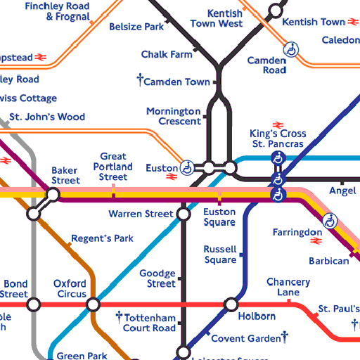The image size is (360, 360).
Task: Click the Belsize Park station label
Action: click(x=136, y=27)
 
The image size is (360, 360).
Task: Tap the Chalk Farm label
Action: click(x=166, y=54)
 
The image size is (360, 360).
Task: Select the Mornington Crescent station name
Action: click(x=174, y=116)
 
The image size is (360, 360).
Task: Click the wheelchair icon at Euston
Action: click(x=187, y=167)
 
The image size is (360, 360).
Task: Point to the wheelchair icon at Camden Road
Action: click(x=290, y=49)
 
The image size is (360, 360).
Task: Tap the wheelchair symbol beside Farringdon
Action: click(x=329, y=221)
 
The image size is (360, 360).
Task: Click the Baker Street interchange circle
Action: click(x=53, y=194)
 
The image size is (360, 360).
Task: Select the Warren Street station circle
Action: click(x=184, y=213)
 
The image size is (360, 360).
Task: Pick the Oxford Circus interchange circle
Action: click(x=93, y=304)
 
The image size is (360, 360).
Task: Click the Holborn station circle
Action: click(x=231, y=304)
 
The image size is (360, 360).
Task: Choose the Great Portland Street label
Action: click(x=113, y=167)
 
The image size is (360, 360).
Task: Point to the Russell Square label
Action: click(x=219, y=255)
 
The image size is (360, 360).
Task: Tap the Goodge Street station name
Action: click(x=157, y=278)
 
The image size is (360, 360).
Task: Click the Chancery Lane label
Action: click(x=288, y=287)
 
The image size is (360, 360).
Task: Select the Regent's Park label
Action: click(x=102, y=238)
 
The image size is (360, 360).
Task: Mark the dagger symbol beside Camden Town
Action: click(x=140, y=81)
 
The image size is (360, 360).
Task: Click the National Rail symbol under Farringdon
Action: click(x=316, y=243)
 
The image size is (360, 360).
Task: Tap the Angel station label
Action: click(x=342, y=191)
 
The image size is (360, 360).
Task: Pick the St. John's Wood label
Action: click(x=47, y=117)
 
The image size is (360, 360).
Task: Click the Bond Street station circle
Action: click(x=33, y=304)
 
